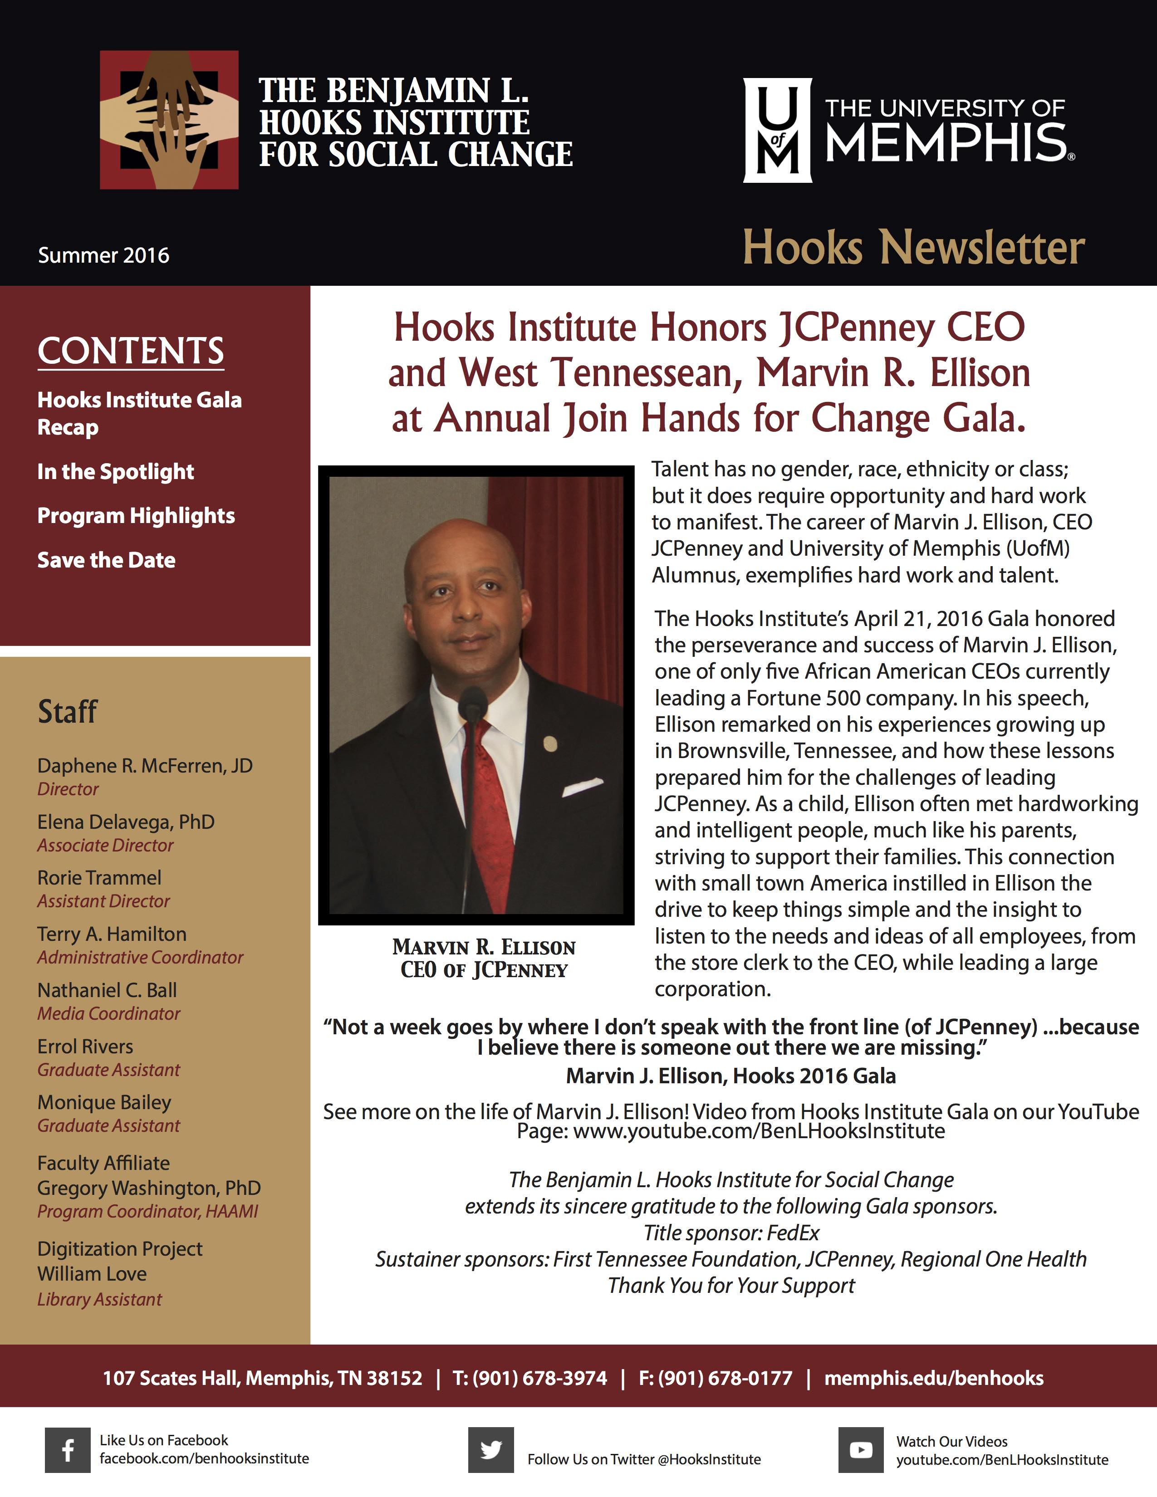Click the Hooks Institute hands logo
pyautogui.click(x=169, y=120)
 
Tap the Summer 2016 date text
pyautogui.click(x=103, y=255)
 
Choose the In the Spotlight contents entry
pyautogui.click(x=115, y=472)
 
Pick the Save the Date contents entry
pyautogui.click(x=106, y=560)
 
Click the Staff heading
pyautogui.click(x=67, y=711)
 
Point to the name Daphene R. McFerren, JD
pyautogui.click(x=145, y=766)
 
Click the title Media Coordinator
pyautogui.click(x=108, y=1013)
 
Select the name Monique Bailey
pyautogui.click(x=104, y=1102)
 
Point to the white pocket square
pyautogui.click(x=582, y=787)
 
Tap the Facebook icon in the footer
pyautogui.click(x=68, y=1450)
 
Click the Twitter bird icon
pyautogui.click(x=491, y=1450)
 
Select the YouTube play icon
pyautogui.click(x=861, y=1450)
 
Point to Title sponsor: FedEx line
pyautogui.click(x=731, y=1233)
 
